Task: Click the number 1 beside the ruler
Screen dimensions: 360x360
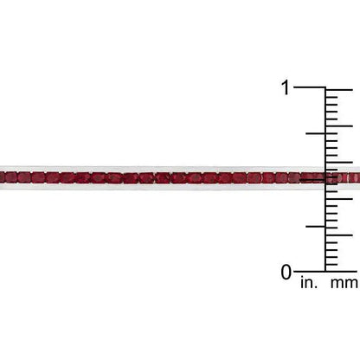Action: tap(286, 87)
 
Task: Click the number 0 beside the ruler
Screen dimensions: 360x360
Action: tap(286, 272)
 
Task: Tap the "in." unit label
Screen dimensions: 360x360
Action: tap(309, 282)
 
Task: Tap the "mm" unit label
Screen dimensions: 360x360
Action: tap(345, 284)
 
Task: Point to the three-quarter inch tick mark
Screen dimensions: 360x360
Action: tap(316, 133)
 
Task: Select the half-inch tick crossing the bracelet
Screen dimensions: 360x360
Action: tap(312, 180)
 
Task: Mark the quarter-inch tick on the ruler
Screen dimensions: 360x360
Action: tap(316, 227)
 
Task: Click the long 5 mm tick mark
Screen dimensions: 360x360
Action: tap(339, 235)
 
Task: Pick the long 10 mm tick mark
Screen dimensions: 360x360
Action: tap(339, 199)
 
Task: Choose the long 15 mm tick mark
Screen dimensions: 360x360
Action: tap(339, 163)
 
